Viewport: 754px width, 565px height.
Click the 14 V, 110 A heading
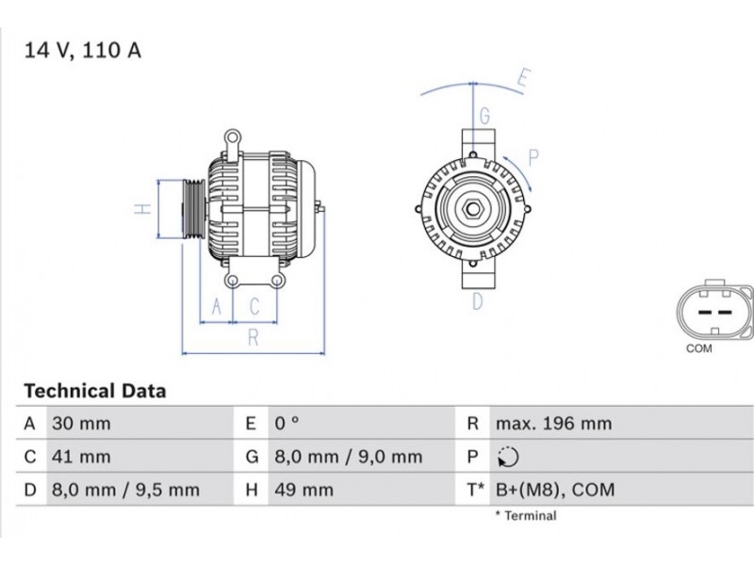point(83,51)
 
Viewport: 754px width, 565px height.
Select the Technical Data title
point(95,391)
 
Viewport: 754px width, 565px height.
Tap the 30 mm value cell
point(81,423)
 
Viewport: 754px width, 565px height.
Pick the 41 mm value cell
point(81,457)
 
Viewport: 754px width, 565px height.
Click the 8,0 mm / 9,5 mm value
point(125,490)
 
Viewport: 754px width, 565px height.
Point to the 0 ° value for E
point(287,423)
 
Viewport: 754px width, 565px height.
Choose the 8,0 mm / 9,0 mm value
point(348,457)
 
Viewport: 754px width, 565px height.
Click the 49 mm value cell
point(303,490)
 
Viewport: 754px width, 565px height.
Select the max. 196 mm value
point(553,423)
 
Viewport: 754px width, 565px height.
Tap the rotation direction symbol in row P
point(508,457)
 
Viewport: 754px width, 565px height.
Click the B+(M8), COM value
point(555,490)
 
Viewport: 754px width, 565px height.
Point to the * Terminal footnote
point(526,516)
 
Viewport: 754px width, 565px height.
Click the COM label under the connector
point(698,348)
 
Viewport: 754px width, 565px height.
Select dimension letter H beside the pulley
point(143,209)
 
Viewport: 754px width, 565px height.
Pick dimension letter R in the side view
point(254,338)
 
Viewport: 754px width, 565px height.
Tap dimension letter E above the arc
point(524,78)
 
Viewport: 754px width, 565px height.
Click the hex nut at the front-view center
point(473,209)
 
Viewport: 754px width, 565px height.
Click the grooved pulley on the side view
point(194,209)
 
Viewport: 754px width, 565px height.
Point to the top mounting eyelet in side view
point(233,138)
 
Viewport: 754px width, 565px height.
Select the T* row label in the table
point(476,490)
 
